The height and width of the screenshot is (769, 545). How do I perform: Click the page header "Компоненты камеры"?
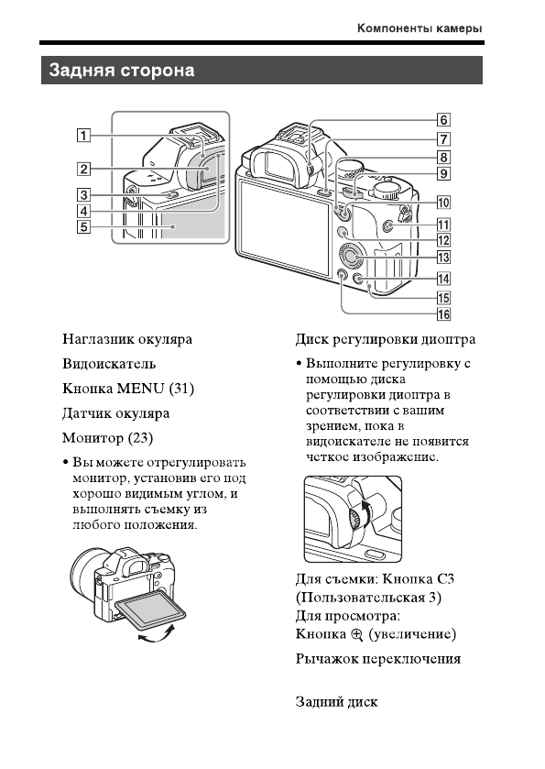click(x=420, y=29)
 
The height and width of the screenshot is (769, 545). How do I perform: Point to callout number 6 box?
click(x=442, y=119)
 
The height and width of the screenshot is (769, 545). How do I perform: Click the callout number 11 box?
click(x=442, y=224)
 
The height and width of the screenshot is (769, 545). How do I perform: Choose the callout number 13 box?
click(x=442, y=258)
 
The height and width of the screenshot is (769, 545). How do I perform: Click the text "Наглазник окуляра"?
click(x=127, y=339)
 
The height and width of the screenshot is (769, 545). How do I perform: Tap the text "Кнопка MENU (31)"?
click(x=128, y=389)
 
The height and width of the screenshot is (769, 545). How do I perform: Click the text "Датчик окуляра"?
click(x=115, y=413)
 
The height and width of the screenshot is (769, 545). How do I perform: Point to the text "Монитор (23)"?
click(x=106, y=438)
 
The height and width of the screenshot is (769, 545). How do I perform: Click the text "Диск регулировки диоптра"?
click(x=386, y=339)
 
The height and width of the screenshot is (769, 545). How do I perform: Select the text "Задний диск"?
click(x=336, y=702)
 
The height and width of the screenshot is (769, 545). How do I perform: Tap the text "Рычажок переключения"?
click(x=377, y=659)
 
